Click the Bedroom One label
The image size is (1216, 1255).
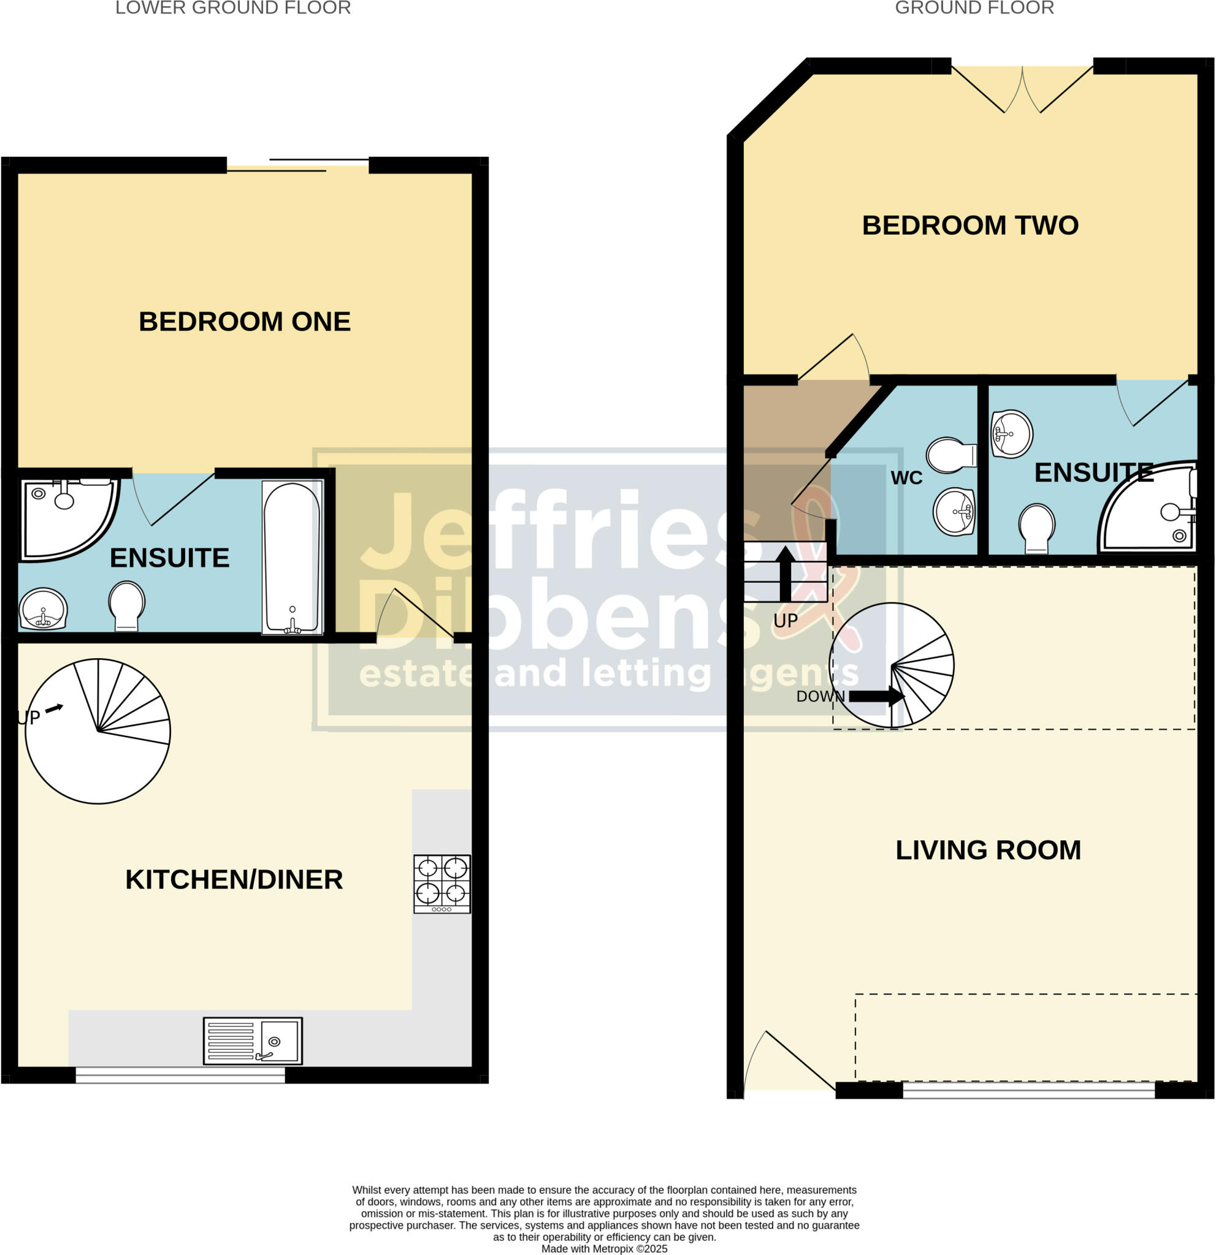coord(244,322)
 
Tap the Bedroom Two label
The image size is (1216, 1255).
coord(969,226)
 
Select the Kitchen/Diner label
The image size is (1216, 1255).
coord(234,880)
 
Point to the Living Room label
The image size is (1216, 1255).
coord(988,851)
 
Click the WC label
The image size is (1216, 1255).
coord(906,477)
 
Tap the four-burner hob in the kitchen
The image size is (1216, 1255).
coord(442,884)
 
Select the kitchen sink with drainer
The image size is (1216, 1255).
coord(253,1041)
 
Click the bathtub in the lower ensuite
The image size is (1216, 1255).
coord(291,557)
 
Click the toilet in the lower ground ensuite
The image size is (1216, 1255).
coord(126,604)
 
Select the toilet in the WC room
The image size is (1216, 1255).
coord(952,455)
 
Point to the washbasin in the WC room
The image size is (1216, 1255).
coord(954,511)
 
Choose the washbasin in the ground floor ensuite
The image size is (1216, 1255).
coord(1011,434)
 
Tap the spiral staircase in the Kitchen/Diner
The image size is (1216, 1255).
coord(98,730)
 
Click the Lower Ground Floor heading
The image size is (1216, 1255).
coord(232,9)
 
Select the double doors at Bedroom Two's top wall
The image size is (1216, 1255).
coord(1022,89)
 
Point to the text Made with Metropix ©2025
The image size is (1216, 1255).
coord(603,1249)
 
